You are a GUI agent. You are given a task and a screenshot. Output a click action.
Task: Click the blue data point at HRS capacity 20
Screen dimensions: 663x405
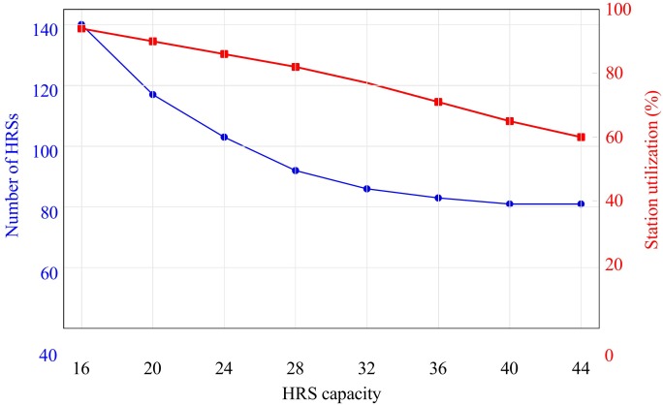[152, 94]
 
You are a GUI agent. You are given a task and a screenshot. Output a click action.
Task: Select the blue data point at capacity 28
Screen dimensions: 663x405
[296, 171]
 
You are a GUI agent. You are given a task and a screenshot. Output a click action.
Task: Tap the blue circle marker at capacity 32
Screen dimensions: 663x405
[367, 189]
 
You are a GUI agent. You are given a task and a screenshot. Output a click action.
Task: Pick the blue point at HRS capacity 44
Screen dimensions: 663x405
[581, 203]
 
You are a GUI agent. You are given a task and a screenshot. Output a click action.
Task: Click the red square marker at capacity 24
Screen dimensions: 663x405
[224, 54]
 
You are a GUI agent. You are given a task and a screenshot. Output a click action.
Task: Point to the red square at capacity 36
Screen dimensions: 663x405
[438, 102]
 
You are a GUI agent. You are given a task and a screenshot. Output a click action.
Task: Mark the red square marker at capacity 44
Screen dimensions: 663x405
[581, 137]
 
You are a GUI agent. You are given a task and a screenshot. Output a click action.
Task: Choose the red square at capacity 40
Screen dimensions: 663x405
[510, 121]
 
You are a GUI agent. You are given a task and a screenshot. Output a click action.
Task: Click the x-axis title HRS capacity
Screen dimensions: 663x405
[331, 394]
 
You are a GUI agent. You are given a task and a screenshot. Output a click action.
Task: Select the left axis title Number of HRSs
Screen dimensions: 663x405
[12, 175]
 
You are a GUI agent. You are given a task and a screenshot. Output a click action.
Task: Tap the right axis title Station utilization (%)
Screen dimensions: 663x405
[651, 170]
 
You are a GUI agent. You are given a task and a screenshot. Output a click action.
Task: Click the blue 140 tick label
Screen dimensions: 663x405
[45, 30]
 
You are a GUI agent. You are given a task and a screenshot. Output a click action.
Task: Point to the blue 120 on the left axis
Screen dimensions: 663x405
[45, 90]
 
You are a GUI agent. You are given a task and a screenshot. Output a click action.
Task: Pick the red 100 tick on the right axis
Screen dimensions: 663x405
[618, 10]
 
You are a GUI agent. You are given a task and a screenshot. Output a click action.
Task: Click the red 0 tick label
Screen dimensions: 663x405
[609, 356]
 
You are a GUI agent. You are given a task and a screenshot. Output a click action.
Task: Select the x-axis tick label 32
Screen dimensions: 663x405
[366, 368]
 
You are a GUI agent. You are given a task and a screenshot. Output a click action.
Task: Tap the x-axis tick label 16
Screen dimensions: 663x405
[80, 368]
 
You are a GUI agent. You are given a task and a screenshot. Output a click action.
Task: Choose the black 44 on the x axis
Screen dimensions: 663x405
[581, 368]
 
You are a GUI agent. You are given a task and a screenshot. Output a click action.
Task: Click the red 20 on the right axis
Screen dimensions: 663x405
[614, 265]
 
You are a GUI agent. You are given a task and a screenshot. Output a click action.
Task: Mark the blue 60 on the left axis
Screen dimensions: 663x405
[49, 273]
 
